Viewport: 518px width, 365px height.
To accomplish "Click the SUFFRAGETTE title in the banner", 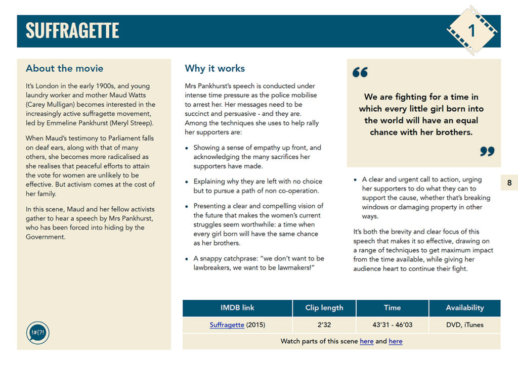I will coord(72,31).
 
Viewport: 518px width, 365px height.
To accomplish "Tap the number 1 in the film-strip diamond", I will coord(471,31).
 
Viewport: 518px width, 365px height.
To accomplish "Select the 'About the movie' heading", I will coord(64,68).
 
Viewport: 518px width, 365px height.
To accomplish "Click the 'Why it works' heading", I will coord(214,68).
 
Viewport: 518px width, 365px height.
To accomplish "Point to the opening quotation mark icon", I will coord(360,73).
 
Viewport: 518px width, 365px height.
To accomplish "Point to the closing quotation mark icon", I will coord(487,151).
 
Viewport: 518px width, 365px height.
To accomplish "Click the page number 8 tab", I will coord(509,183).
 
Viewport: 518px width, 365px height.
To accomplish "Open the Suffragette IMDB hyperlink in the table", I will coord(227,325).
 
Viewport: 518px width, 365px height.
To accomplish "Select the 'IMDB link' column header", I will coord(237,307).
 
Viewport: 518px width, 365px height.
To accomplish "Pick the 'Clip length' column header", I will coord(324,307).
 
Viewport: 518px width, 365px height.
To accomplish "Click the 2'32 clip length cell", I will coord(324,325).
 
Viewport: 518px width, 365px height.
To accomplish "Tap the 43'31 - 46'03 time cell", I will coord(392,325).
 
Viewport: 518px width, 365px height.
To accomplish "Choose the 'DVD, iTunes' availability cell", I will coord(464,325).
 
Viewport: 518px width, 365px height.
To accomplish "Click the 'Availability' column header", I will coord(464,307).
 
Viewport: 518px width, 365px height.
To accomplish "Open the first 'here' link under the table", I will coord(366,341).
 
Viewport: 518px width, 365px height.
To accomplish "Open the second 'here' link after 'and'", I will coord(396,341).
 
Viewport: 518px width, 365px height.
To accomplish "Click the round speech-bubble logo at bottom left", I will coord(37,334).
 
